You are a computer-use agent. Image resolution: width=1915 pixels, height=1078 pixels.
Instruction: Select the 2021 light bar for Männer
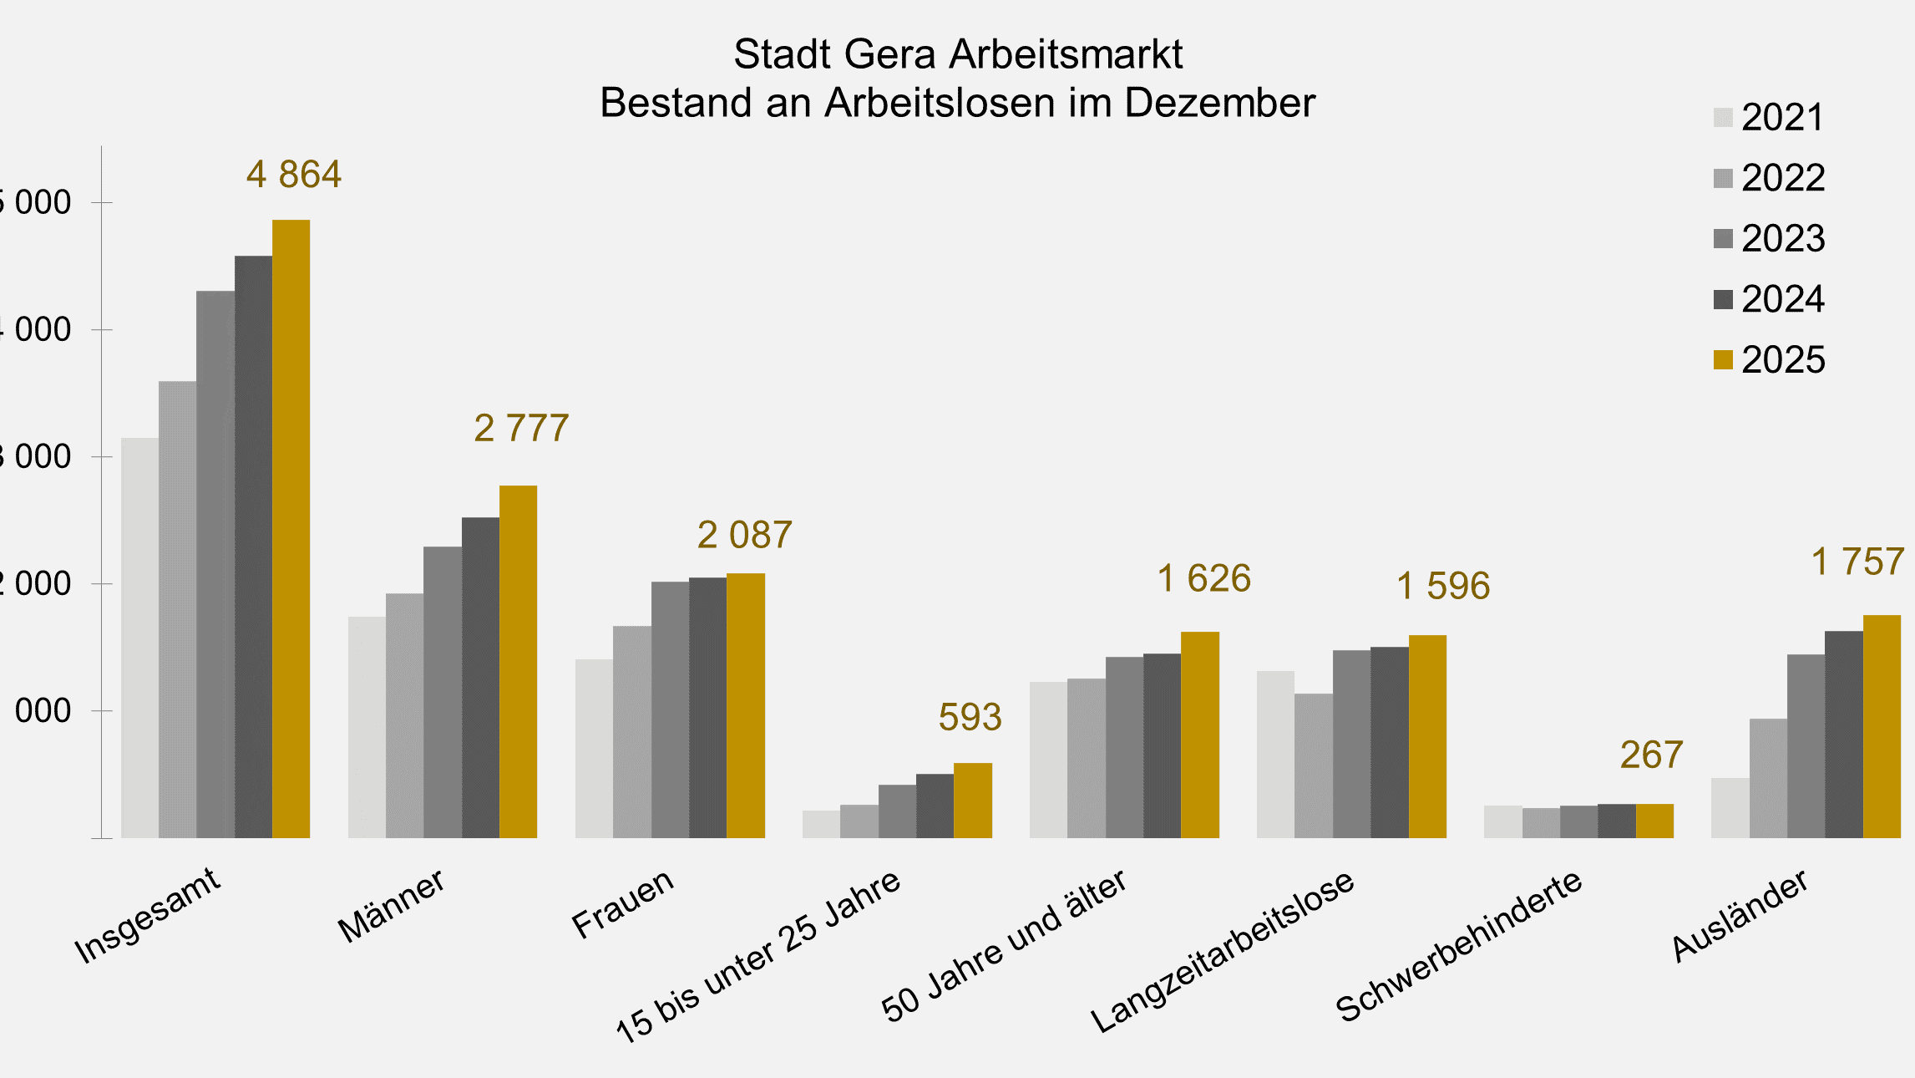pyautogui.click(x=367, y=727)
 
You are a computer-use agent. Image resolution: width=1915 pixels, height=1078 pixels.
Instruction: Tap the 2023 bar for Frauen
pyautogui.click(x=670, y=709)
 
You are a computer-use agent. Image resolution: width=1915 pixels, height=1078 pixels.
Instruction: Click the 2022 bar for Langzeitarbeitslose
pyautogui.click(x=1314, y=765)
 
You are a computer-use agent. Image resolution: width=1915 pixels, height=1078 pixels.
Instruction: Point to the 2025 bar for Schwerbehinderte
pyautogui.click(x=1654, y=821)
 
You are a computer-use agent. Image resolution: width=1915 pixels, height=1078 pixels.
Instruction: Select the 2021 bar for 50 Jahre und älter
pyautogui.click(x=1048, y=760)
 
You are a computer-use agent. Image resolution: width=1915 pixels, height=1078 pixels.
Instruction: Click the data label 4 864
pyautogui.click(x=294, y=175)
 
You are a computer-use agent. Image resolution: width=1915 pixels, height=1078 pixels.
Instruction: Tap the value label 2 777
pyautogui.click(x=521, y=429)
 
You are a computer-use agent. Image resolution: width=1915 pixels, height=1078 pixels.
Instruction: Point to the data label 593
pyautogui.click(x=970, y=717)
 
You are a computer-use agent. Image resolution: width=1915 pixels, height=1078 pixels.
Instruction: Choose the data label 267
pyautogui.click(x=1651, y=755)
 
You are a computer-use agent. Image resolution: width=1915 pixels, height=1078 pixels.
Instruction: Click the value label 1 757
pyautogui.click(x=1857, y=562)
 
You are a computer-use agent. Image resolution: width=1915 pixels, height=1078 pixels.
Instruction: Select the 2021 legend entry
pyautogui.click(x=1769, y=118)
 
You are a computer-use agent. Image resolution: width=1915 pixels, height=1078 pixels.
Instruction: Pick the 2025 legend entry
pyautogui.click(x=1769, y=360)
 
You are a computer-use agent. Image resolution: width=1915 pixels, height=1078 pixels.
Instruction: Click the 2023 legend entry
pyautogui.click(x=1769, y=239)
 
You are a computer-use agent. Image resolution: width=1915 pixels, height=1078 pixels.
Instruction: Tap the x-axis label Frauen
pyautogui.click(x=623, y=904)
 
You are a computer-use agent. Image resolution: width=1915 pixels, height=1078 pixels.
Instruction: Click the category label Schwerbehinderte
pyautogui.click(x=1458, y=947)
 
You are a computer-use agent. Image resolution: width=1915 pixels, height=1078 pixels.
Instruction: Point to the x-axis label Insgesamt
pyautogui.click(x=148, y=916)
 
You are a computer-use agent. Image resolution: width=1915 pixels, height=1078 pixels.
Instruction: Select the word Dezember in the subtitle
pyautogui.click(x=1219, y=104)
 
